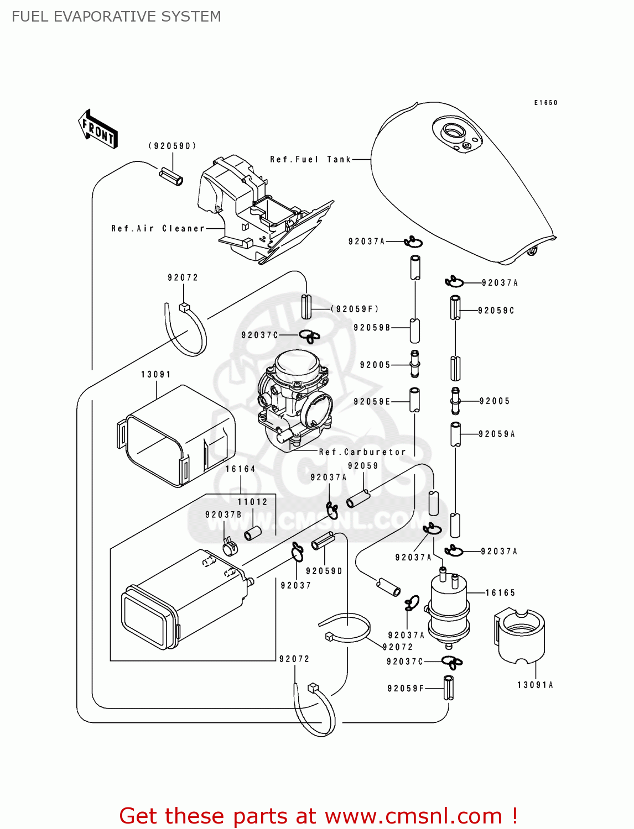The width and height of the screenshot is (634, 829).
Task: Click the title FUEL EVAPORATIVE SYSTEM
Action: [116, 17]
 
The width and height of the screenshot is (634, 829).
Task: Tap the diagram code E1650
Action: [545, 103]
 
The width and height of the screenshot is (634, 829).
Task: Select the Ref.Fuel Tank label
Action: [310, 159]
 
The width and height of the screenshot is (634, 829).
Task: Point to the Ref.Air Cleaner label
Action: [158, 228]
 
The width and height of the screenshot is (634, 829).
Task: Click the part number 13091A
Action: [535, 685]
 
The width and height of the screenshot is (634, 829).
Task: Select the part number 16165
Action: [500, 592]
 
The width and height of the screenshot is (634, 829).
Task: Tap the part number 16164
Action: [240, 469]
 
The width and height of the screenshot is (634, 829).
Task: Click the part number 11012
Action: [252, 502]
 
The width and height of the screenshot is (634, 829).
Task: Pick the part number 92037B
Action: [224, 515]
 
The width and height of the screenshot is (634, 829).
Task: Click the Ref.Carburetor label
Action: [362, 452]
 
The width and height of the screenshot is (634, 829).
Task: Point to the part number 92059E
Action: [372, 401]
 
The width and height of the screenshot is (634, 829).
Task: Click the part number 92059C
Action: [496, 311]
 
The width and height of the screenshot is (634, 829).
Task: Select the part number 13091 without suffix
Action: [156, 374]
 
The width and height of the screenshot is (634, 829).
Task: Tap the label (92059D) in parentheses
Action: [172, 146]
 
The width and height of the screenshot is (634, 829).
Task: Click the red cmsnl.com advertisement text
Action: [318, 816]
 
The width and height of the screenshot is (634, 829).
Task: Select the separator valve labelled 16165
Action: [448, 608]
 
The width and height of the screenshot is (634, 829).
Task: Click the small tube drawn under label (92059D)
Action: [171, 177]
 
